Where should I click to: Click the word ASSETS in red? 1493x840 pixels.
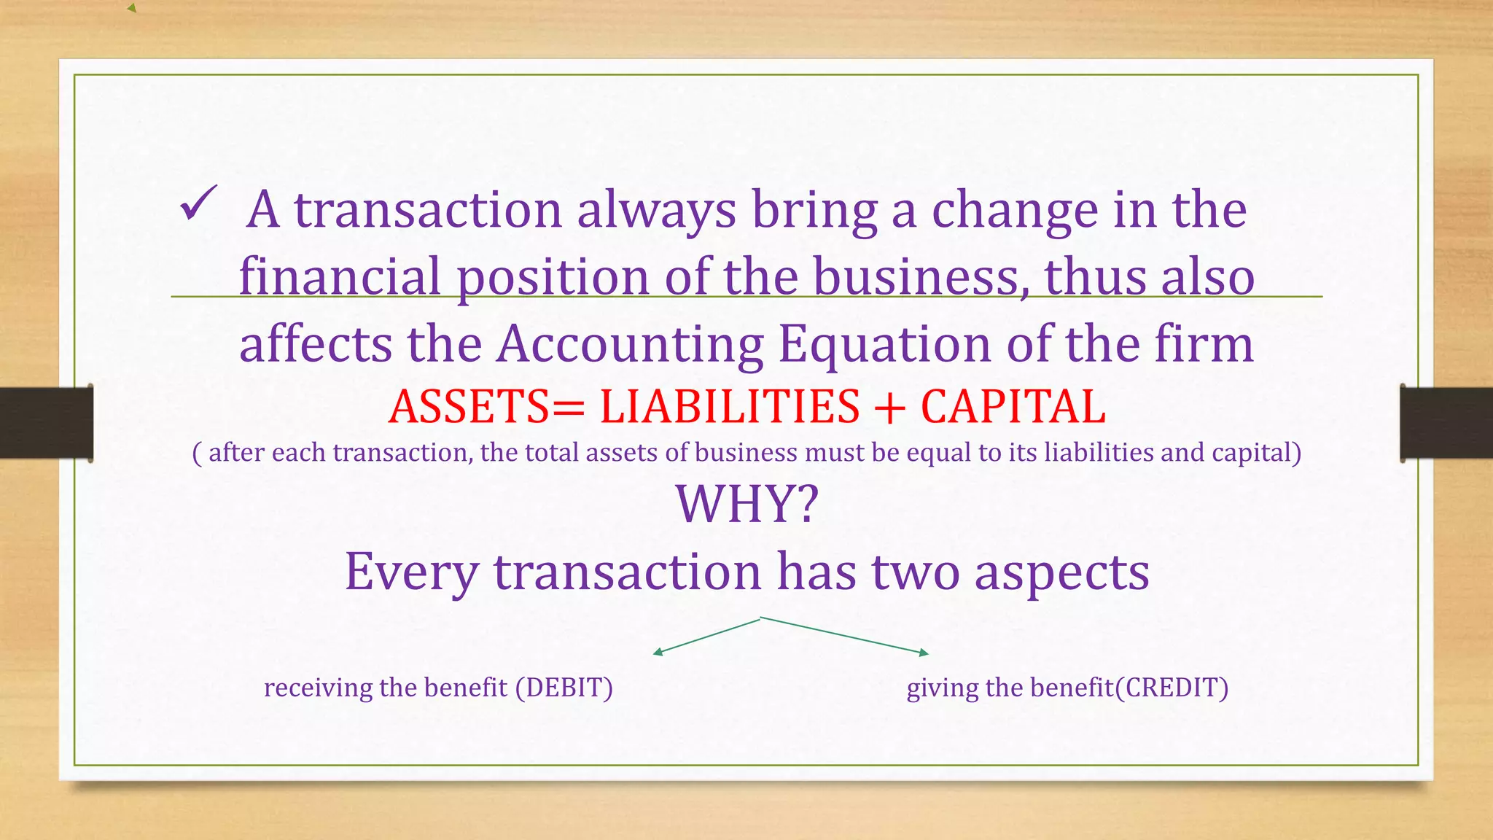tap(468, 407)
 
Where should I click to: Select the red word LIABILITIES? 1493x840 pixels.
tap(729, 407)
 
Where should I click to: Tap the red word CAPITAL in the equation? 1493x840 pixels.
tap(1013, 407)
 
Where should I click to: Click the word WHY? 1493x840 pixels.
tap(747, 504)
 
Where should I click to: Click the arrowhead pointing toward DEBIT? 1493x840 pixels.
tap(657, 653)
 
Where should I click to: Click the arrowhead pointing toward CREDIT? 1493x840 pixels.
tap(924, 653)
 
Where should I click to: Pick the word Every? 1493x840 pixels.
tap(411, 572)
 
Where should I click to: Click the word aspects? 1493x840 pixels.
tap(1061, 572)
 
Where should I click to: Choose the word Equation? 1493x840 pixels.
tap(884, 344)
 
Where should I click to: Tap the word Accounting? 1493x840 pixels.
tap(630, 344)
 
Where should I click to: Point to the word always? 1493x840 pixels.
tap(656, 210)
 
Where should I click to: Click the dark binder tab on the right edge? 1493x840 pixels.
tap(1446, 423)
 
